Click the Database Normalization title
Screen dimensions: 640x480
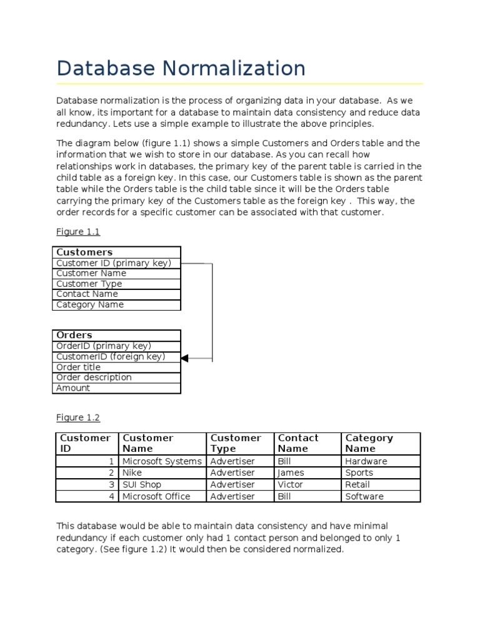click(181, 68)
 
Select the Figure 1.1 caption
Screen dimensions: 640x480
click(78, 232)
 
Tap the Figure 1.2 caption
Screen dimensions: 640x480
click(78, 417)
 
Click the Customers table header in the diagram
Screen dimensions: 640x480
click(84, 252)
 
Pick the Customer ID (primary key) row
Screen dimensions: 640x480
click(114, 263)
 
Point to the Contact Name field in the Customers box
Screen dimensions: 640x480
click(87, 294)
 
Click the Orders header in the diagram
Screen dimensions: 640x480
click(74, 335)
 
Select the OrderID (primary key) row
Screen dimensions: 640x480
click(104, 346)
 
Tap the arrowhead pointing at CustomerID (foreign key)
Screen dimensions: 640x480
click(185, 357)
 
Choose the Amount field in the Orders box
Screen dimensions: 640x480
click(73, 388)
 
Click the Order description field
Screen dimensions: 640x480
click(94, 377)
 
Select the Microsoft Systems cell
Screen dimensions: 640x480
click(162, 461)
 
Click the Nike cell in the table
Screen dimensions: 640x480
click(132, 473)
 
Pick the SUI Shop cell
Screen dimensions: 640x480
click(142, 484)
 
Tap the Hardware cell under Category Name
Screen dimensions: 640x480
click(366, 461)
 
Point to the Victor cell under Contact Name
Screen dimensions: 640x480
click(290, 484)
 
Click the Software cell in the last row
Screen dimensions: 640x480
click(364, 496)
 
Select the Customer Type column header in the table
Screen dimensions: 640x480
click(236, 443)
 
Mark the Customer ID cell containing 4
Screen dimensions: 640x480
click(111, 496)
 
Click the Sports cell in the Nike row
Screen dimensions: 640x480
click(359, 473)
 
